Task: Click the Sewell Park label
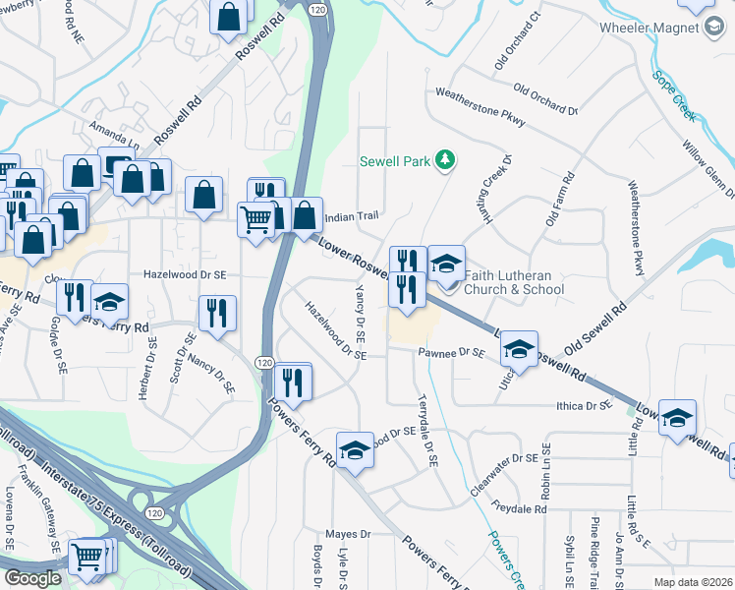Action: click(395, 161)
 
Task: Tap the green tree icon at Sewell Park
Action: click(445, 159)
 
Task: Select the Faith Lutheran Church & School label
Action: click(515, 282)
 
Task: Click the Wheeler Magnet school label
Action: click(650, 28)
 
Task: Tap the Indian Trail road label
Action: click(352, 215)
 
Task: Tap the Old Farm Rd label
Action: click(558, 200)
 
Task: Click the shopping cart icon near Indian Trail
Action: click(256, 220)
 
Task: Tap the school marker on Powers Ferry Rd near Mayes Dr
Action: click(355, 450)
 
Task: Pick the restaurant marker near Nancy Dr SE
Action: click(217, 313)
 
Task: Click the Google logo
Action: click(32, 578)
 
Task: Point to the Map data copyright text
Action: click(693, 582)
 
